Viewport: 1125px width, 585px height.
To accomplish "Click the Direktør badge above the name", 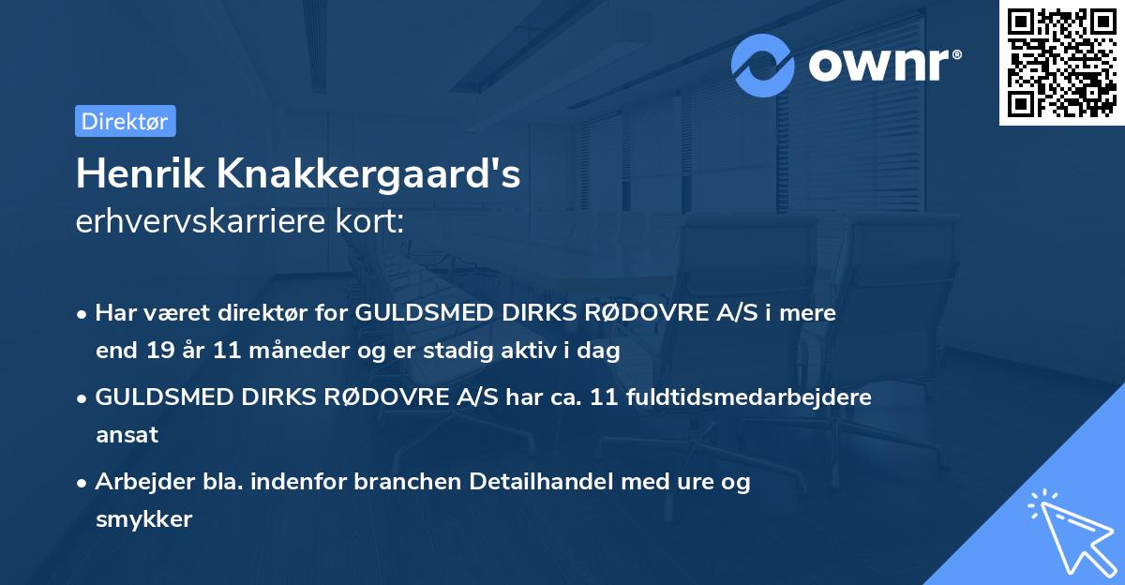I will [125, 121].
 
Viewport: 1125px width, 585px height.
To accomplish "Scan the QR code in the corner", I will [1062, 63].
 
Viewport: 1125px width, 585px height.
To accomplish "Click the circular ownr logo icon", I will [763, 65].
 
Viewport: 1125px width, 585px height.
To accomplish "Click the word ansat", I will [127, 435].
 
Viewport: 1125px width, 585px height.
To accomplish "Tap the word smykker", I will [143, 519].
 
